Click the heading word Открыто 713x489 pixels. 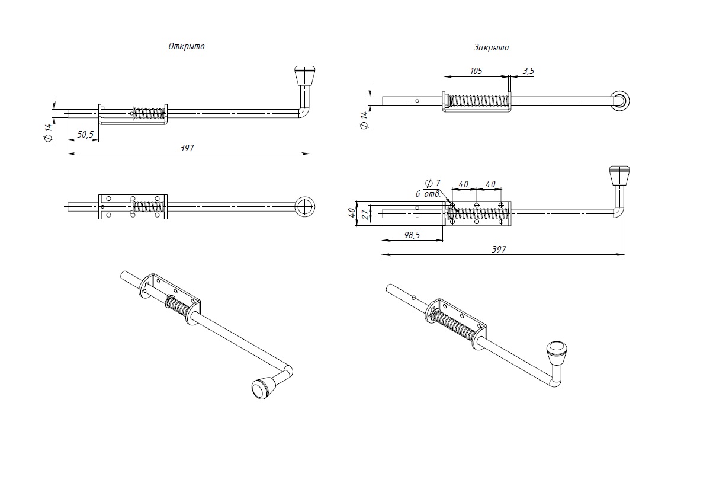[186, 46]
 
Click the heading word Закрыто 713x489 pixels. [491, 47]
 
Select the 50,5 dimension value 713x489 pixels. [85, 135]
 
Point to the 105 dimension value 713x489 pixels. [476, 71]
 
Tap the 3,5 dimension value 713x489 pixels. [528, 71]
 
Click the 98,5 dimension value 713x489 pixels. [412, 235]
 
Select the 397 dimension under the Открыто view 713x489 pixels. [187, 148]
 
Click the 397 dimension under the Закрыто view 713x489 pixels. [499, 250]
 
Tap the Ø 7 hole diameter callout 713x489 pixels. [433, 183]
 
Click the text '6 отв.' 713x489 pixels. [426, 193]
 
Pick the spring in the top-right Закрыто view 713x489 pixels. [477, 101]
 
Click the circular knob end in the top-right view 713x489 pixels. [619, 101]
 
